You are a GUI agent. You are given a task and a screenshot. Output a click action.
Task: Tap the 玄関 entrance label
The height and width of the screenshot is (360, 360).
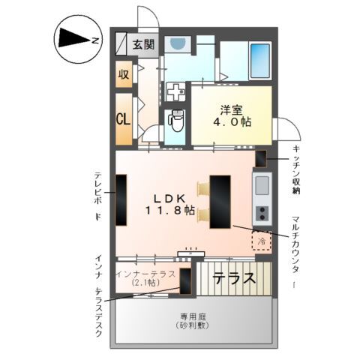(143, 43)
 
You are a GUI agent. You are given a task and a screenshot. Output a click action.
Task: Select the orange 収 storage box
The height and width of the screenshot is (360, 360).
(124, 75)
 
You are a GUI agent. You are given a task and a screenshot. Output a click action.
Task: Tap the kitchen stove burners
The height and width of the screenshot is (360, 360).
(262, 213)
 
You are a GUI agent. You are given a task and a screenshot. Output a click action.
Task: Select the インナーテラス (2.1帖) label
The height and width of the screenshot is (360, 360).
(145, 278)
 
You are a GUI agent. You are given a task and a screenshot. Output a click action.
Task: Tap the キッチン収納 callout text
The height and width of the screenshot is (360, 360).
(297, 169)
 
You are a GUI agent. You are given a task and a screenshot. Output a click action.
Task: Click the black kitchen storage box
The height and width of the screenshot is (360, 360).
(261, 159)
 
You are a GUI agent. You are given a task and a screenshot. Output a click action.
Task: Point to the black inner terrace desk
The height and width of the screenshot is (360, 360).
(185, 280)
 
